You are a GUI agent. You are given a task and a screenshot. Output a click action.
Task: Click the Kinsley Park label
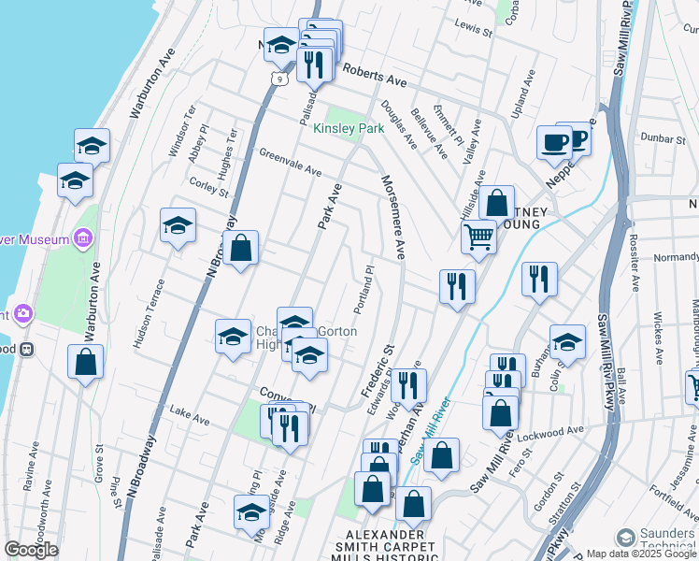(x=349, y=128)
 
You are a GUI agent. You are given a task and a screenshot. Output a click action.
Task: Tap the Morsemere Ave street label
(x=392, y=216)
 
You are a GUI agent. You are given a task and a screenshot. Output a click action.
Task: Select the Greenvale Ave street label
(x=290, y=163)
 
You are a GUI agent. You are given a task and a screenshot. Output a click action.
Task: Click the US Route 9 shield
(x=279, y=79)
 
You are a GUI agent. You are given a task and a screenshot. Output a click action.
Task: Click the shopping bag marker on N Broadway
(x=240, y=249)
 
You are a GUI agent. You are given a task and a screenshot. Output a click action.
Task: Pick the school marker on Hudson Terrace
(x=178, y=225)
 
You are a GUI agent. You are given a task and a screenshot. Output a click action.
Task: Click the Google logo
(x=31, y=550)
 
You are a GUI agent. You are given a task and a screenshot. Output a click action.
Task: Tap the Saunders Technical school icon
(x=625, y=538)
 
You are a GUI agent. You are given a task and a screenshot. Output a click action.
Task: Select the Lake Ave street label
(x=189, y=412)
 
